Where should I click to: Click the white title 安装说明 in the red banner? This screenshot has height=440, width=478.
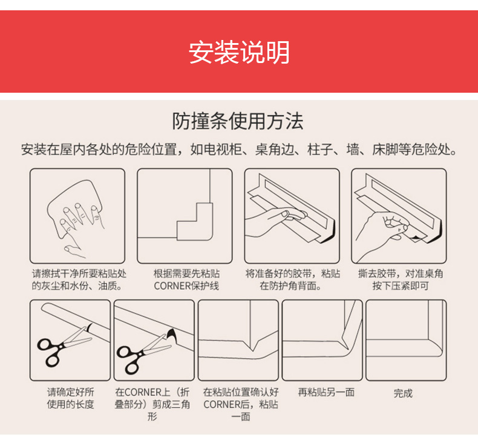click(239, 52)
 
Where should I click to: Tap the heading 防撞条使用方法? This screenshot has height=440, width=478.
click(238, 121)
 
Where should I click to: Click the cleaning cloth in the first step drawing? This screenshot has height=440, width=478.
click(74, 208)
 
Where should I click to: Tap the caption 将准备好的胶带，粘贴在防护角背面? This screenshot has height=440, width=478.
click(292, 279)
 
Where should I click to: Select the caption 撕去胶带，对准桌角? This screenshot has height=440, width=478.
click(401, 273)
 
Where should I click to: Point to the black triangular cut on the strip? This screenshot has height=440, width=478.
click(172, 335)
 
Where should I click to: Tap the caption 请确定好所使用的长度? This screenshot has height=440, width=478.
click(70, 398)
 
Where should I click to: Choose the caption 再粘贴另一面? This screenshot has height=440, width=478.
click(326, 392)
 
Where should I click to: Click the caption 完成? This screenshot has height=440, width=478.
click(403, 393)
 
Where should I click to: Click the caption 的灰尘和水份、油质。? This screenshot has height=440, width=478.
click(77, 286)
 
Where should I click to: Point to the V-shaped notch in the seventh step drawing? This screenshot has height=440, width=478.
click(252, 344)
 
